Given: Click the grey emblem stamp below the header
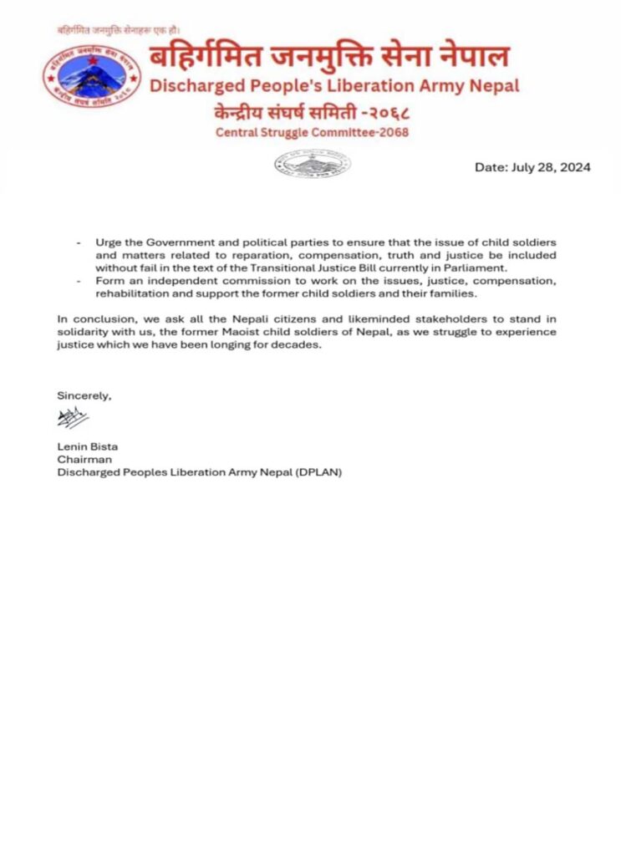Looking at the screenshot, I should point(313,165).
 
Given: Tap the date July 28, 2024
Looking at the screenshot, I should point(532,167).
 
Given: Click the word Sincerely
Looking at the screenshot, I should point(84,395).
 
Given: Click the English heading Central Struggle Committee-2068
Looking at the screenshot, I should point(312,132).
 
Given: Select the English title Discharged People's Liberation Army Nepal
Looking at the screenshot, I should point(333,85).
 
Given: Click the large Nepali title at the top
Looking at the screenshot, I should point(329,58).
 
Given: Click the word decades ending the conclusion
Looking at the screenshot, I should point(299,345).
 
